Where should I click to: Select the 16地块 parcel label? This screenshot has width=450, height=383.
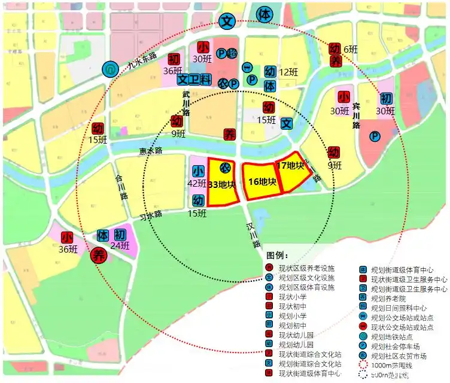tap(262, 181)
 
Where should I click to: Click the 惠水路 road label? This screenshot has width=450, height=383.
tap(150, 151)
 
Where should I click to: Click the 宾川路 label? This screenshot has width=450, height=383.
tap(356, 116)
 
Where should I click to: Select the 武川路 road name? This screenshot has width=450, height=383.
tap(186, 103)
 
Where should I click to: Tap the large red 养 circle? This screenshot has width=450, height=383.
tap(99, 256)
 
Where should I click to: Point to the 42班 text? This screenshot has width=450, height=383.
tap(197, 183)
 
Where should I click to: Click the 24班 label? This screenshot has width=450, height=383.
tap(120, 245)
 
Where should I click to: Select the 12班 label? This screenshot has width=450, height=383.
tap(288, 72)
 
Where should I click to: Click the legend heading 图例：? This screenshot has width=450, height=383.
tap(278, 256)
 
